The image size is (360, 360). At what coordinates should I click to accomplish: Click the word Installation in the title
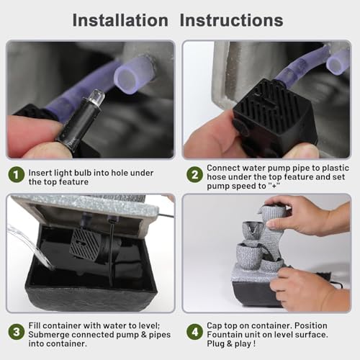(120, 20)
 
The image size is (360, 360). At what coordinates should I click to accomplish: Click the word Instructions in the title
(231, 20)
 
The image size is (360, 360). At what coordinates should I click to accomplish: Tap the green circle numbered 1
(17, 174)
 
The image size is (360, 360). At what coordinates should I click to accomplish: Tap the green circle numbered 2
(194, 174)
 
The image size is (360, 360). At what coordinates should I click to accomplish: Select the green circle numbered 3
(17, 332)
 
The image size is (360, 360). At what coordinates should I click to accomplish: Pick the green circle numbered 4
(194, 332)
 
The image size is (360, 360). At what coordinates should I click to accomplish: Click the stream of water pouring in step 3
(30, 246)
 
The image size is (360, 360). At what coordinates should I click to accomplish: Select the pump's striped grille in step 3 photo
(84, 243)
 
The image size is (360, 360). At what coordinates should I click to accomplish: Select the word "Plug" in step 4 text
(216, 344)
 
